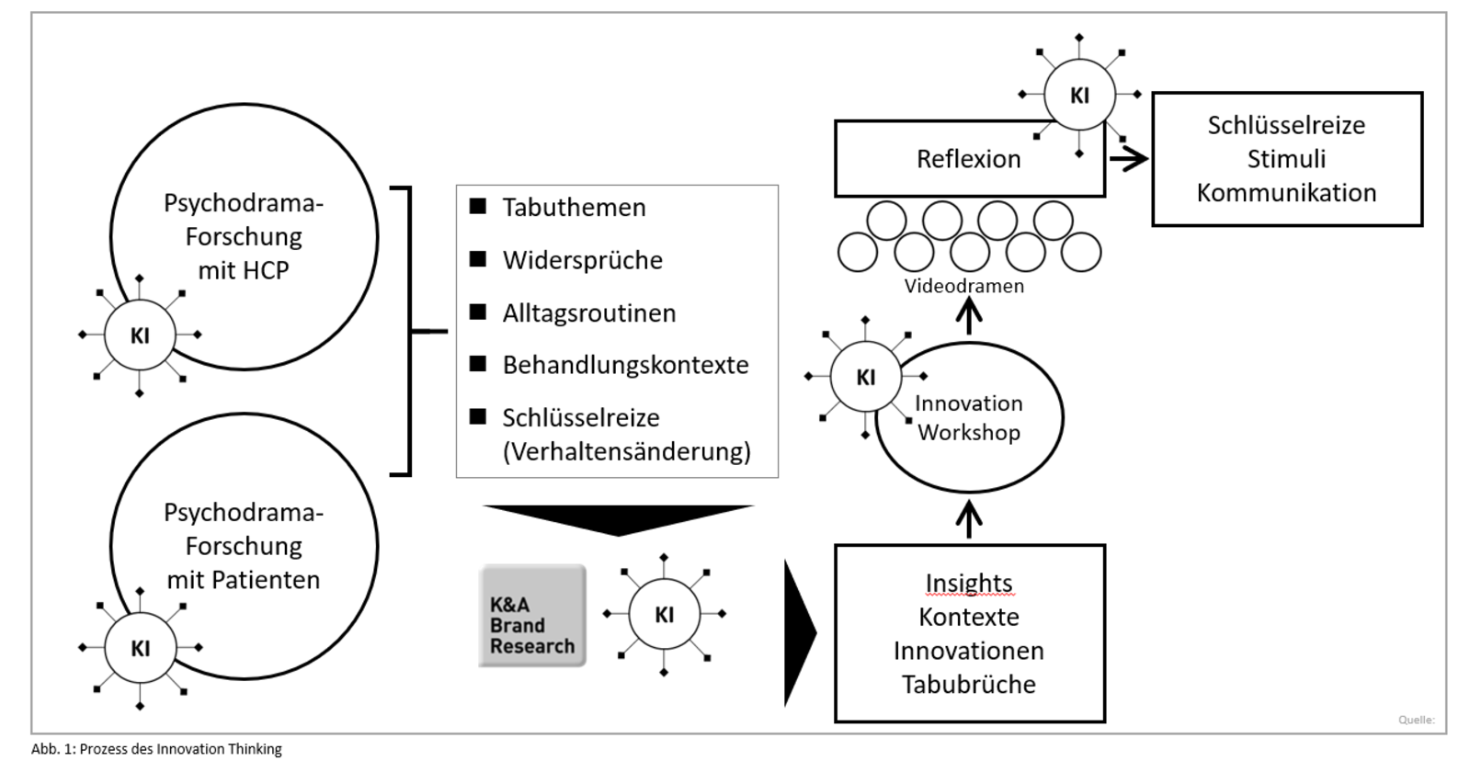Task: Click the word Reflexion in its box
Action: pos(968,159)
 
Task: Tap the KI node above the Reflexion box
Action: pos(1079,95)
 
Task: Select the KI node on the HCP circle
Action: pos(140,335)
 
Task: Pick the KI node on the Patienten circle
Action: pos(140,648)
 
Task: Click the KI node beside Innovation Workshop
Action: pos(865,377)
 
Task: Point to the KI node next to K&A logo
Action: pos(664,614)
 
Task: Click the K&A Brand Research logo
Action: pos(532,616)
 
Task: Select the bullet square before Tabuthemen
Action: pos(478,206)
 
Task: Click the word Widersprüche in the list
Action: pos(582,260)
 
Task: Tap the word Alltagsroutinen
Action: pos(588,312)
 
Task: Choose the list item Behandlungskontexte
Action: pos(625,365)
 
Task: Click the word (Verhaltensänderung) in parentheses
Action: pos(626,451)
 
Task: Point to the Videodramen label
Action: pos(963,286)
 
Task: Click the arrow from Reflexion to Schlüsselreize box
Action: pos(1129,159)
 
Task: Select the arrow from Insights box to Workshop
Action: pos(969,518)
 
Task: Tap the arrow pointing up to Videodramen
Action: pos(969,317)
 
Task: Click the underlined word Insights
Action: pos(968,583)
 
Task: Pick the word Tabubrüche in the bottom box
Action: pos(968,685)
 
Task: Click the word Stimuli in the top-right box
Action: pos(1286,159)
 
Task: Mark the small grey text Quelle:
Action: pos(1416,720)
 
